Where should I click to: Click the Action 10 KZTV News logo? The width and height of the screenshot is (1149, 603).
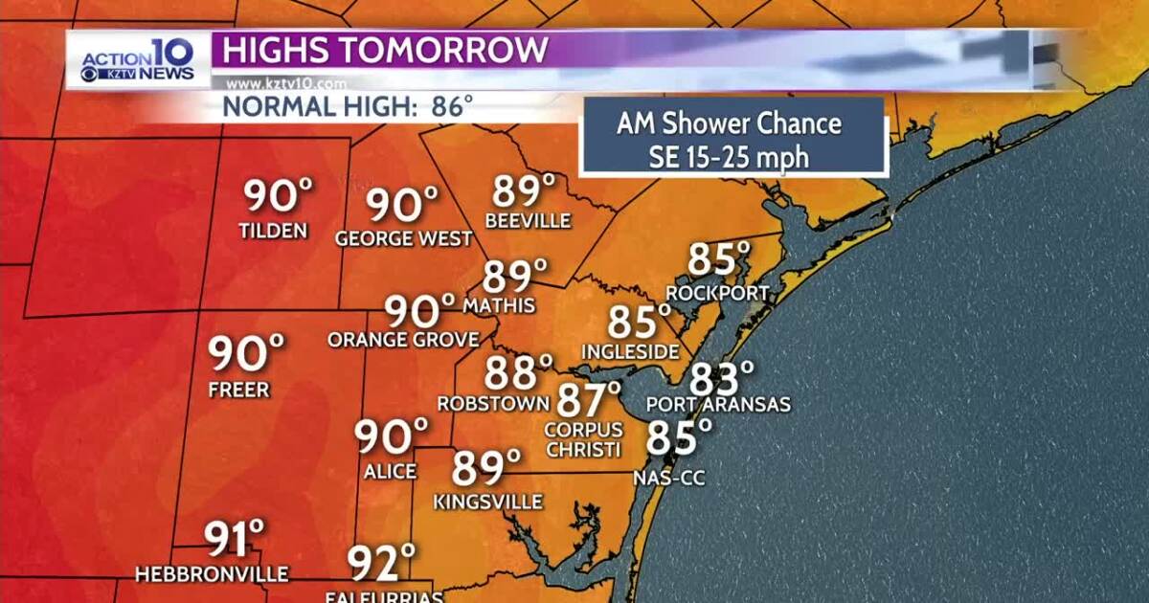point(137,60)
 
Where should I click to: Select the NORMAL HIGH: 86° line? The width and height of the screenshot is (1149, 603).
point(349,105)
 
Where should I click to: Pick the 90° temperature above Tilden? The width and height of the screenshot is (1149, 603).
point(278,197)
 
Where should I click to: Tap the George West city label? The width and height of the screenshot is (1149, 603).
point(403,239)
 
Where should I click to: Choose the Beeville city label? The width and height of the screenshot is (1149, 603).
point(528,221)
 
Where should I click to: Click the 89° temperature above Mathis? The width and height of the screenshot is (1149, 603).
point(515,277)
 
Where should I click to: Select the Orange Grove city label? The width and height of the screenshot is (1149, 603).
point(403,340)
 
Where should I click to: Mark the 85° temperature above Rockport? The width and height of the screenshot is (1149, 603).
point(719,259)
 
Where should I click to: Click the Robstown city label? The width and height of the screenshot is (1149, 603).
point(492,404)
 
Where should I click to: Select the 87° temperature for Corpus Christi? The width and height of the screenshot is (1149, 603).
point(589,395)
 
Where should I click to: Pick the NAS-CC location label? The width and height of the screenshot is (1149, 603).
point(669,477)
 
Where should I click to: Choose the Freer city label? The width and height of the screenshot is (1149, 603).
point(239,391)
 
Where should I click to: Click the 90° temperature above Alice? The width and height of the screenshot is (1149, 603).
point(391,436)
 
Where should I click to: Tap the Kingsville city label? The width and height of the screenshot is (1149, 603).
point(488,502)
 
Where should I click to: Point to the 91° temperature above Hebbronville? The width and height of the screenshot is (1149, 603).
point(235,539)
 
